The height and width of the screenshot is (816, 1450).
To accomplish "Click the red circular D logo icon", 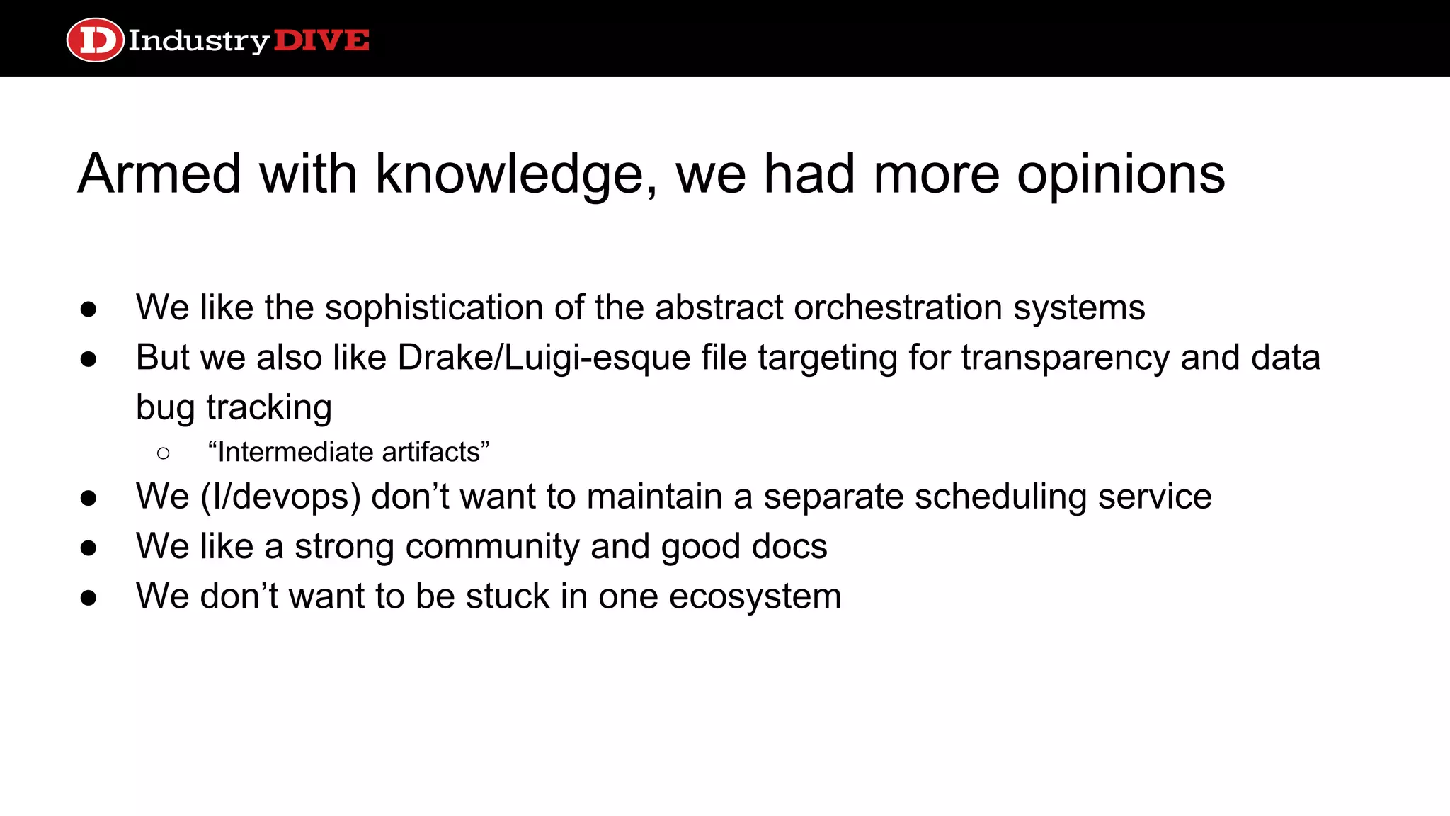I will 95,40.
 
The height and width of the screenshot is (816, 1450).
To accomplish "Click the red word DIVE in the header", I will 321,40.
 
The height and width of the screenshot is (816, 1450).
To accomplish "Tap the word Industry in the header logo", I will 198,41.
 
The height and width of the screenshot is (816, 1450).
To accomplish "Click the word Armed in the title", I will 159,174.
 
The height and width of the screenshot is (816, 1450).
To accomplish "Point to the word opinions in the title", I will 1121,175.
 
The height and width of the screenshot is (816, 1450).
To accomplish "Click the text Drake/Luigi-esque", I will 544,358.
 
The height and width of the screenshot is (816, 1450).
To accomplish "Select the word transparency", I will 1066,358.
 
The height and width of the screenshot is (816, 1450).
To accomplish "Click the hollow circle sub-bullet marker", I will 164,453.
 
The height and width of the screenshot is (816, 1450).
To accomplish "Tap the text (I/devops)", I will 281,497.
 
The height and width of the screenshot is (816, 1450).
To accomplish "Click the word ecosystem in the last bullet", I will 755,596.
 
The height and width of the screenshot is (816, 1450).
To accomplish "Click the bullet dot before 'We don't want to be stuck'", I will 89,598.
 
